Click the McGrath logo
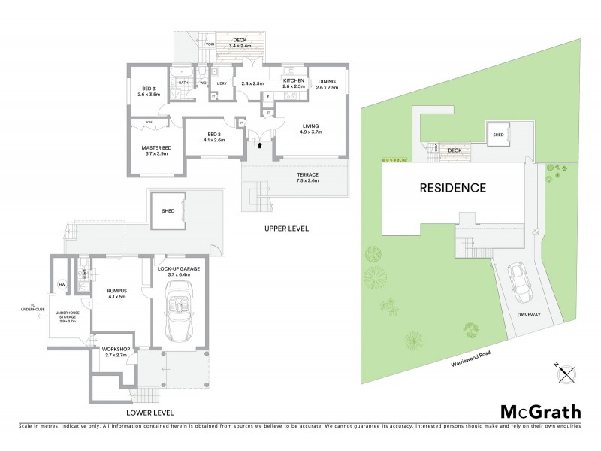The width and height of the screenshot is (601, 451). [540, 411]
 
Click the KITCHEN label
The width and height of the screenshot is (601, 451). [294, 83]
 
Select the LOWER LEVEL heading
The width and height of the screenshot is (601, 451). [150, 413]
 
